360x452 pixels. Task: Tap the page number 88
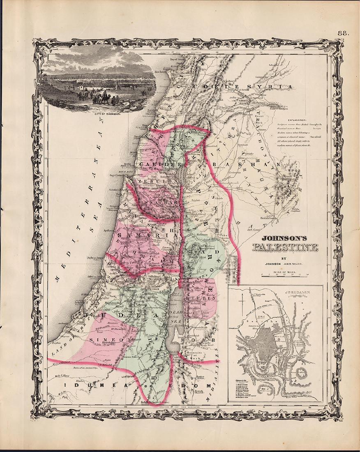[343, 33]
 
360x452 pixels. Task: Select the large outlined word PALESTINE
[284, 248]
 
